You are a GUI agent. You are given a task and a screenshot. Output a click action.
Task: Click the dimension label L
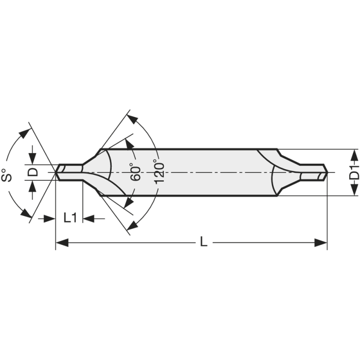(203, 243)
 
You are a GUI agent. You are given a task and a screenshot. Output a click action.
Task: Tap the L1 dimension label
(70, 218)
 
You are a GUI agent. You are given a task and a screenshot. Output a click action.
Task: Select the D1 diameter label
(355, 172)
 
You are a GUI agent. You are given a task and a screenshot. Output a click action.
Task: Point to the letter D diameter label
(33, 172)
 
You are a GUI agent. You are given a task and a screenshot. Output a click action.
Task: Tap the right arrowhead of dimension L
(321, 243)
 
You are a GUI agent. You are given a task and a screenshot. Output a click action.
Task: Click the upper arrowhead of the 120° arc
(132, 119)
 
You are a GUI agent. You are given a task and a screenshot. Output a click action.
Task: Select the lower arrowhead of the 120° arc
(132, 225)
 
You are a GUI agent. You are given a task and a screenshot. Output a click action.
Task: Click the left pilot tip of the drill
(58, 172)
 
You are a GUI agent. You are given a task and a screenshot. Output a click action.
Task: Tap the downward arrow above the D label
(33, 158)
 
